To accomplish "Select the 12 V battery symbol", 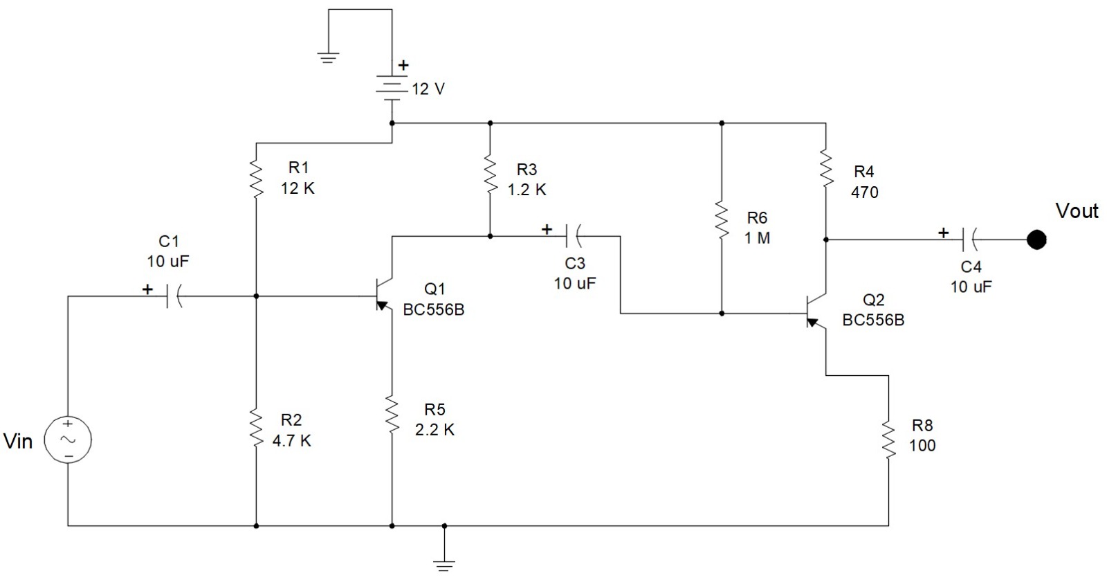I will coord(392,88).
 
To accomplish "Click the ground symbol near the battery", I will coord(329,57).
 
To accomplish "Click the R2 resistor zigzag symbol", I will coord(256,428).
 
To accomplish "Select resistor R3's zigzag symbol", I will coord(490,176).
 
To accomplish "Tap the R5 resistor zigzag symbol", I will coord(392,415).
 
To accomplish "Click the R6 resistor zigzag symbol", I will coord(722,221).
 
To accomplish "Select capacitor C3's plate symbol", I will coord(573,237).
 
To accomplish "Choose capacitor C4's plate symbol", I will coord(969,240).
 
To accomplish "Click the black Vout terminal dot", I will coord(1036,240).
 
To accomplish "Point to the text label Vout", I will coord(1077,210).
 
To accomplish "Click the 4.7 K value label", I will coord(291,440).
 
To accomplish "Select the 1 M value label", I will coord(757,237).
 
